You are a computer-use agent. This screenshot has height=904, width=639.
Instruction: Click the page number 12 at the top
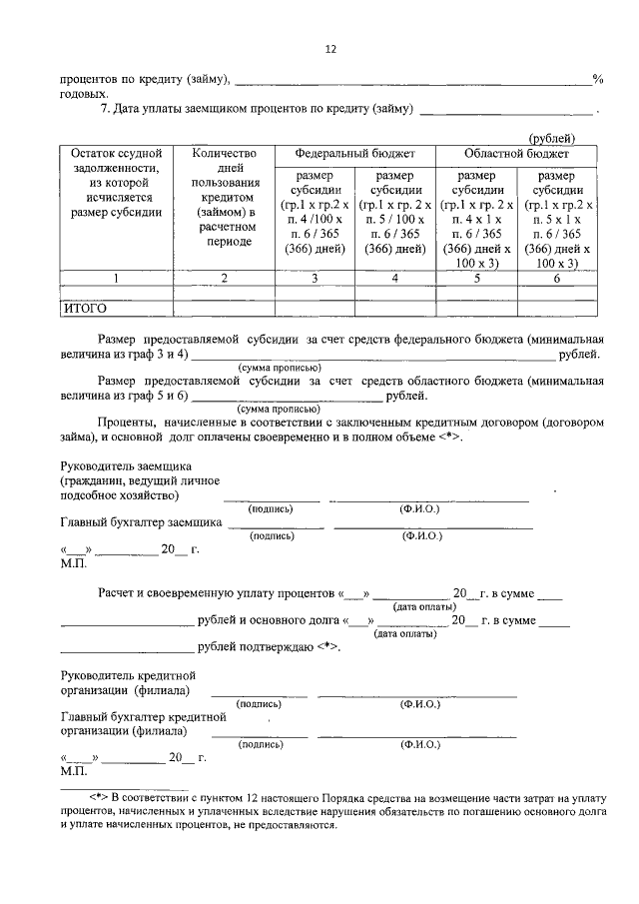point(330,49)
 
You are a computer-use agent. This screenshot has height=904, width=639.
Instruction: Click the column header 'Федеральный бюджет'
point(354,155)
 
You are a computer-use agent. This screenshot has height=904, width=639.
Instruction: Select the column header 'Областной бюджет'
point(516,155)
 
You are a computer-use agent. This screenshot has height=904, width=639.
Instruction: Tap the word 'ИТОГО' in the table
point(85,309)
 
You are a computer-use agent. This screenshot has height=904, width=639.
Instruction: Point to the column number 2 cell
point(223,279)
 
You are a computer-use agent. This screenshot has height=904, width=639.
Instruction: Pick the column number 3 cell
point(314,279)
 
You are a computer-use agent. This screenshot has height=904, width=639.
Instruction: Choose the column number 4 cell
point(394,279)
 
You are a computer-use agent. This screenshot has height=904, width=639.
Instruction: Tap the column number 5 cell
point(476,279)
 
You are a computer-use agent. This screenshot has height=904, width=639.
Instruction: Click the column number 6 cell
point(556,279)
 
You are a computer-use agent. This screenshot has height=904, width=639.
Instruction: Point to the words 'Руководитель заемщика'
point(126,466)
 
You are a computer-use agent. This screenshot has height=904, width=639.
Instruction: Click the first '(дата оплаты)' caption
point(422,606)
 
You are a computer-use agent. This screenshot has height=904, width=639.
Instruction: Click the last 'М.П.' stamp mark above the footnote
point(74,771)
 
